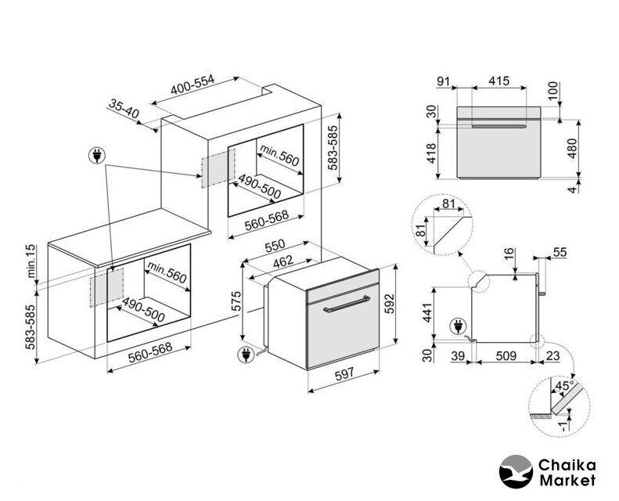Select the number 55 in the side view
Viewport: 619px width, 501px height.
click(x=559, y=252)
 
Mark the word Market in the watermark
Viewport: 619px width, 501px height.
click(x=567, y=479)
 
